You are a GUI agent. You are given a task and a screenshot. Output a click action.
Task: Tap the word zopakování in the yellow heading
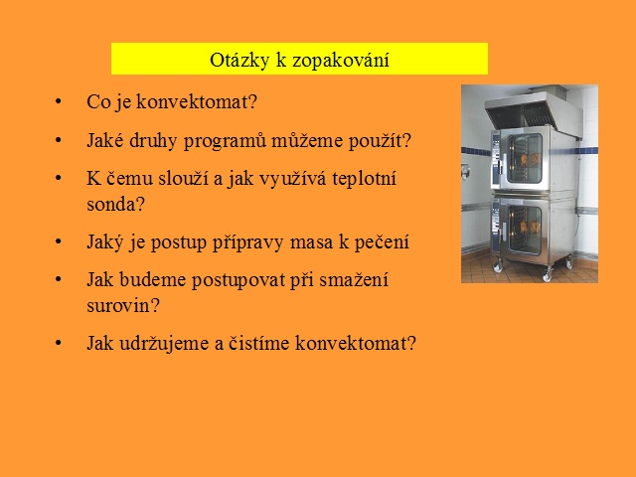(x=341, y=61)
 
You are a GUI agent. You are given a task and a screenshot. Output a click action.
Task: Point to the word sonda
(x=112, y=204)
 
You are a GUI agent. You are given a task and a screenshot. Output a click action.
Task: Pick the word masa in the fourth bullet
(x=311, y=242)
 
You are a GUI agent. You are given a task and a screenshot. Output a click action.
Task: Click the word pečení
(x=382, y=242)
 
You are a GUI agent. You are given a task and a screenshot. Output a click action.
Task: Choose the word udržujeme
(x=169, y=344)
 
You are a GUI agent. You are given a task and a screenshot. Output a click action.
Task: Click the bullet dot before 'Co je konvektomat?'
(x=59, y=101)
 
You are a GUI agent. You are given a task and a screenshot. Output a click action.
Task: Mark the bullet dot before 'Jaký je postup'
(x=59, y=241)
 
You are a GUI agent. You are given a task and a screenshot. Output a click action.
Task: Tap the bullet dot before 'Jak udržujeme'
(x=59, y=343)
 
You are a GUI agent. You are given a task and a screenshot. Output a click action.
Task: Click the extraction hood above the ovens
(x=534, y=109)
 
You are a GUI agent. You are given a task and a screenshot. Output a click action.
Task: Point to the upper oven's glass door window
(x=525, y=159)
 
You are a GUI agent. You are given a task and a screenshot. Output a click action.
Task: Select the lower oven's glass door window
(x=525, y=230)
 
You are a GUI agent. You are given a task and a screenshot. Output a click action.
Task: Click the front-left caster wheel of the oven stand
(x=497, y=267)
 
